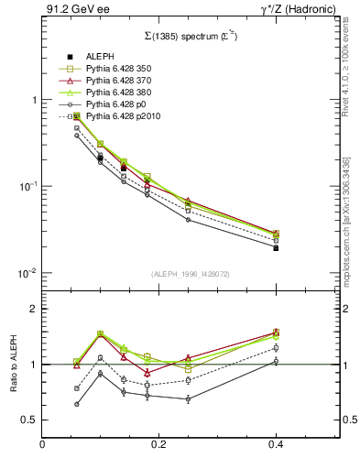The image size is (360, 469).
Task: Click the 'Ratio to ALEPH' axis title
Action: [13, 365]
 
